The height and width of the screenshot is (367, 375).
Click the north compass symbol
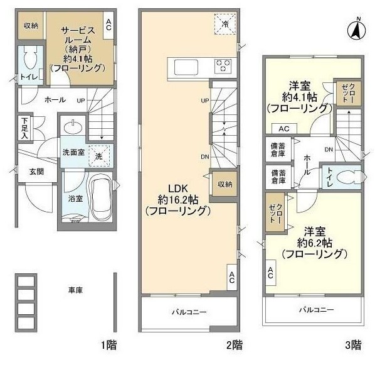tap(357, 30)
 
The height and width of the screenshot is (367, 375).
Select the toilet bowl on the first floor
tap(30, 58)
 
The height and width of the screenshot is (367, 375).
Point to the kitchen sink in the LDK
tap(186, 67)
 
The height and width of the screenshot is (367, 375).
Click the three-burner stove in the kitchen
tap(223, 66)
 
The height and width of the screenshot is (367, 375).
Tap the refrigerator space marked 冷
tap(225, 24)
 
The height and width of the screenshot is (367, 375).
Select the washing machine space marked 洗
tap(99, 156)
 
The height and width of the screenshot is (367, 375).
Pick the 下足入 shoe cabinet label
tap(24, 128)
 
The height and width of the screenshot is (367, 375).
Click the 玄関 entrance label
tap(36, 172)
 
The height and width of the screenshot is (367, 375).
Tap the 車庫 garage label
tap(75, 290)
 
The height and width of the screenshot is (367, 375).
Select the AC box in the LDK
tap(232, 277)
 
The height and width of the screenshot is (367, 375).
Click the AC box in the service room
tap(108, 25)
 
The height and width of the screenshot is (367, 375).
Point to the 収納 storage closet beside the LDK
tap(224, 184)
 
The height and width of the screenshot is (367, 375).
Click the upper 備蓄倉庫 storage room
tap(278, 150)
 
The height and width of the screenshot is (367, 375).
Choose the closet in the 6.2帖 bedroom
tap(275, 212)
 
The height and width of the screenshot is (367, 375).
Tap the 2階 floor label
tap(235, 346)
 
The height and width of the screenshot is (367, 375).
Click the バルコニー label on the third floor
tap(317, 310)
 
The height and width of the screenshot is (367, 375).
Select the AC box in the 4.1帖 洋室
tap(284, 128)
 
